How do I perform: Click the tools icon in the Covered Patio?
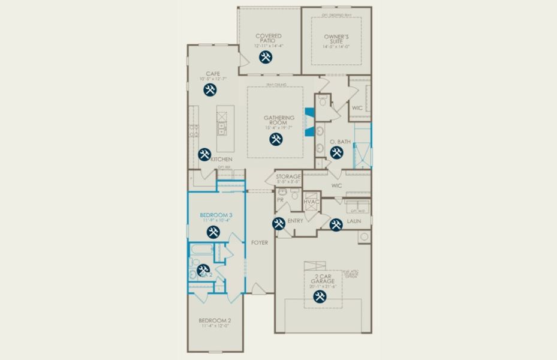(266, 58)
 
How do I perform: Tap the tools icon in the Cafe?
(210, 90)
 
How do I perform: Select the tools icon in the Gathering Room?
(276, 139)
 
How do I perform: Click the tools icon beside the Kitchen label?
(204, 154)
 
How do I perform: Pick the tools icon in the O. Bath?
(336, 152)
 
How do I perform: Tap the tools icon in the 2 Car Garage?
(320, 296)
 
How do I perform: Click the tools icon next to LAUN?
(336, 224)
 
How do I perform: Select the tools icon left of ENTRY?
(279, 224)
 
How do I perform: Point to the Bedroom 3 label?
(216, 215)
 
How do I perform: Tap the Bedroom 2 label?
(215, 321)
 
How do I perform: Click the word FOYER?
(260, 242)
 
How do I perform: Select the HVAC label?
(311, 202)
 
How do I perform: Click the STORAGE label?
(288, 177)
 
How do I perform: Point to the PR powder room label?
(280, 200)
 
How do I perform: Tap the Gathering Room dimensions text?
(279, 127)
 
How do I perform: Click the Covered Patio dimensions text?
(269, 46)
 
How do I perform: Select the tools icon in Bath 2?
(203, 269)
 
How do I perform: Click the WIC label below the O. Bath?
(336, 186)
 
